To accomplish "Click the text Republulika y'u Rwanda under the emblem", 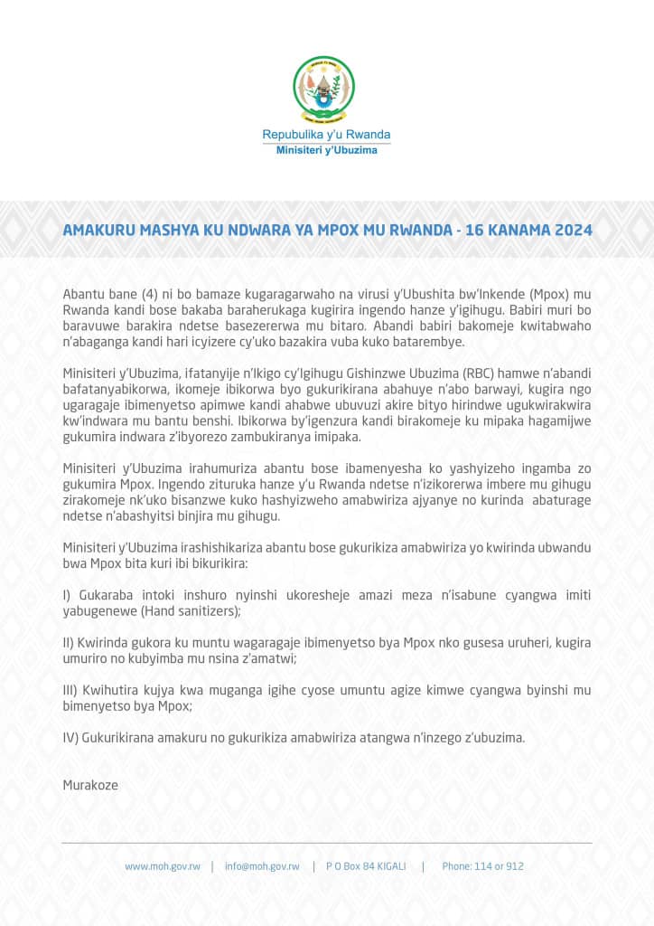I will click(326, 135).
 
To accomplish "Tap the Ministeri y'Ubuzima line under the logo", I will click(326, 149).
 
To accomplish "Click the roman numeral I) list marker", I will click(67, 595).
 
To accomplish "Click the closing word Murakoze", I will click(90, 784).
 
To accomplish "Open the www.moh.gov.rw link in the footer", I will click(163, 866).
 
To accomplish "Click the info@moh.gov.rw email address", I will click(262, 866).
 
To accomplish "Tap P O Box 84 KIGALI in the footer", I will click(367, 866).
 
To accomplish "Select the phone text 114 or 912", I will click(498, 866).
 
